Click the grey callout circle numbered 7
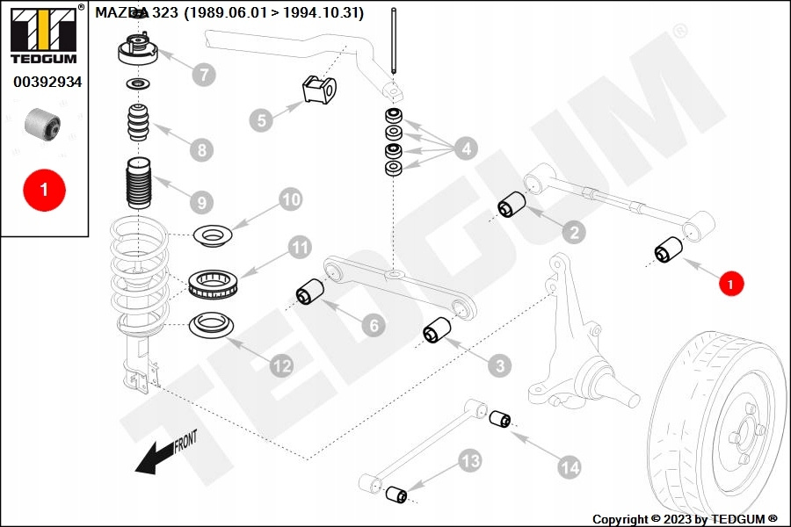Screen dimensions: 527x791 pos(204,75)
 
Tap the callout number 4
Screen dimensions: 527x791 pos(466,148)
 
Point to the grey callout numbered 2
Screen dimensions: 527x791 pos(573,233)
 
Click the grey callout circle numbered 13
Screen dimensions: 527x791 pos(469,459)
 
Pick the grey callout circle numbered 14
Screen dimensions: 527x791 pos(570,468)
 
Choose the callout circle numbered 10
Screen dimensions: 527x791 pos(290,199)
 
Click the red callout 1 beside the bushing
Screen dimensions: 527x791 pos(730,284)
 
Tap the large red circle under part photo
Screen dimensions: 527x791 pos(43,188)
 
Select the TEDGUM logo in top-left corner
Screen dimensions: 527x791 pos(43,34)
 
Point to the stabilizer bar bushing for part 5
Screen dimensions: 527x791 pos(319,89)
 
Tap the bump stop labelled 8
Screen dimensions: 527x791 pos(136,124)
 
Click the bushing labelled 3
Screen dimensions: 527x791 pos(436,332)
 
